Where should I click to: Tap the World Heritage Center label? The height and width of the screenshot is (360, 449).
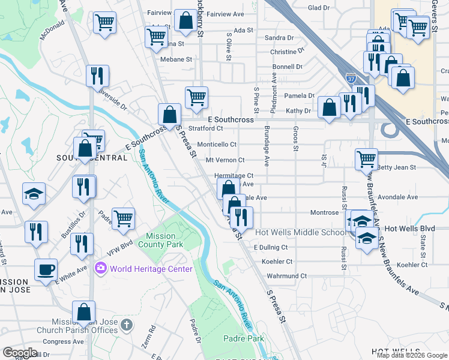151,269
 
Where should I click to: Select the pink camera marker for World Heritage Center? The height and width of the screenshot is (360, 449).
100,268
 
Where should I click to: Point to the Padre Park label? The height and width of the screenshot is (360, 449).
247,339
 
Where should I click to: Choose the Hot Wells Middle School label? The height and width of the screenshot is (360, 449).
300,232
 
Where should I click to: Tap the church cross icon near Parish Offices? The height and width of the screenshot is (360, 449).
125,325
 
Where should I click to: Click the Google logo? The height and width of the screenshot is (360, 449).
20,353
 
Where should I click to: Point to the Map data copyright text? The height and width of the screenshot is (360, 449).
412,355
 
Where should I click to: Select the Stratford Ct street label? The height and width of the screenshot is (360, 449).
206,128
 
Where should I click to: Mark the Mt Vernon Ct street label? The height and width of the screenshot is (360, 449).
225,160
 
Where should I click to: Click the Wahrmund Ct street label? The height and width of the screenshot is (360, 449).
286,276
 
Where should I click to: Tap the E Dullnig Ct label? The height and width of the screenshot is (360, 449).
271,247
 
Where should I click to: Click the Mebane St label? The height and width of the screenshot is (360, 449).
175,59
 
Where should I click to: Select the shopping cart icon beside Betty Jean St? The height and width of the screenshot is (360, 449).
366,159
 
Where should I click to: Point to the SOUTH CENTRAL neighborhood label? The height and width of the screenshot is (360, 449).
92,158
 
